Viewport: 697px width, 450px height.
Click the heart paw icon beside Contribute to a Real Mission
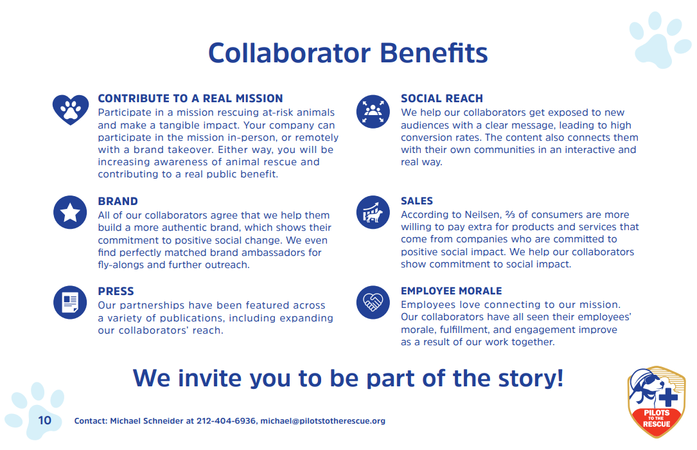[x=71, y=110]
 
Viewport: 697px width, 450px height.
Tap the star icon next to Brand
[x=71, y=213]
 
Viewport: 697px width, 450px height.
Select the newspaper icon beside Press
[x=71, y=303]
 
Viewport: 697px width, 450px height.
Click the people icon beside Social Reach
[x=373, y=110]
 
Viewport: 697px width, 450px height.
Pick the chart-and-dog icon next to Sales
[x=373, y=213]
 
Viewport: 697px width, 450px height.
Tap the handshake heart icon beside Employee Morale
[x=373, y=302]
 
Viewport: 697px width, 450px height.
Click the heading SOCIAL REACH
[x=442, y=98]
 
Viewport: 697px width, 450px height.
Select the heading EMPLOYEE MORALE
[x=452, y=291]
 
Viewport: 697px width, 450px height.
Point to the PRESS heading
[x=116, y=291]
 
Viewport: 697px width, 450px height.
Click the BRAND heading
[x=118, y=201]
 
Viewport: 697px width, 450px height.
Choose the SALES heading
[x=417, y=201]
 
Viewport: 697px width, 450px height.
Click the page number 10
[x=44, y=421]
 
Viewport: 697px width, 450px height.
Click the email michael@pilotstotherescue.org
[x=322, y=421]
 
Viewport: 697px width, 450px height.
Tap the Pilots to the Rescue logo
[x=657, y=402]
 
